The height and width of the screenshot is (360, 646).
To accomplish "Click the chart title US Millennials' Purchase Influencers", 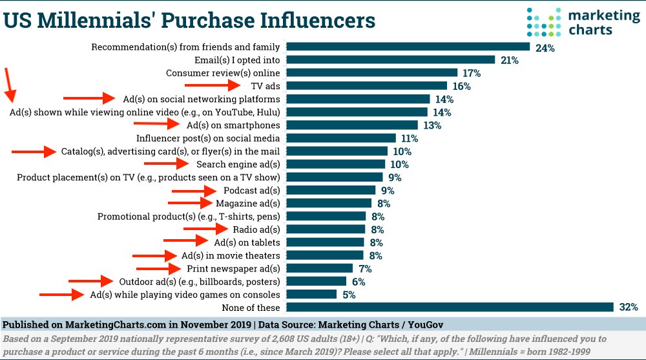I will (190, 20).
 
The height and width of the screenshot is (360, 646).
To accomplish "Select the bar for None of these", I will (450, 307).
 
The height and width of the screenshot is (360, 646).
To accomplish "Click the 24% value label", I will (543, 47).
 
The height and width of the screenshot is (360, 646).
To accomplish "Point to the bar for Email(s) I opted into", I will (390, 60).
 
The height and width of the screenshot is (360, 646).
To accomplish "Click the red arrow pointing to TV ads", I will (212, 85).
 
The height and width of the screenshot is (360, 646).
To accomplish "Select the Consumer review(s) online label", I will (223, 73).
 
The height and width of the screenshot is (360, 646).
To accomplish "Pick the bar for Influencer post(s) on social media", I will (340, 138).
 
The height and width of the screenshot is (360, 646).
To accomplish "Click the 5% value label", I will (349, 295).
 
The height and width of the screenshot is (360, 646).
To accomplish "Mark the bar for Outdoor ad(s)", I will (316, 281).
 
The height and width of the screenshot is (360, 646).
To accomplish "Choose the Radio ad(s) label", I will (256, 229).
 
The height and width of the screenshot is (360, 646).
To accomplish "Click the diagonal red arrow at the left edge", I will (10, 85).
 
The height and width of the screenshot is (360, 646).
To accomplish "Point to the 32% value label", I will (627, 307).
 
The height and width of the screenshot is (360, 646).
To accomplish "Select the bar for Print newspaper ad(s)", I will (319, 268).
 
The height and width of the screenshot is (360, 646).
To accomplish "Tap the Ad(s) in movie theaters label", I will (231, 255).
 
